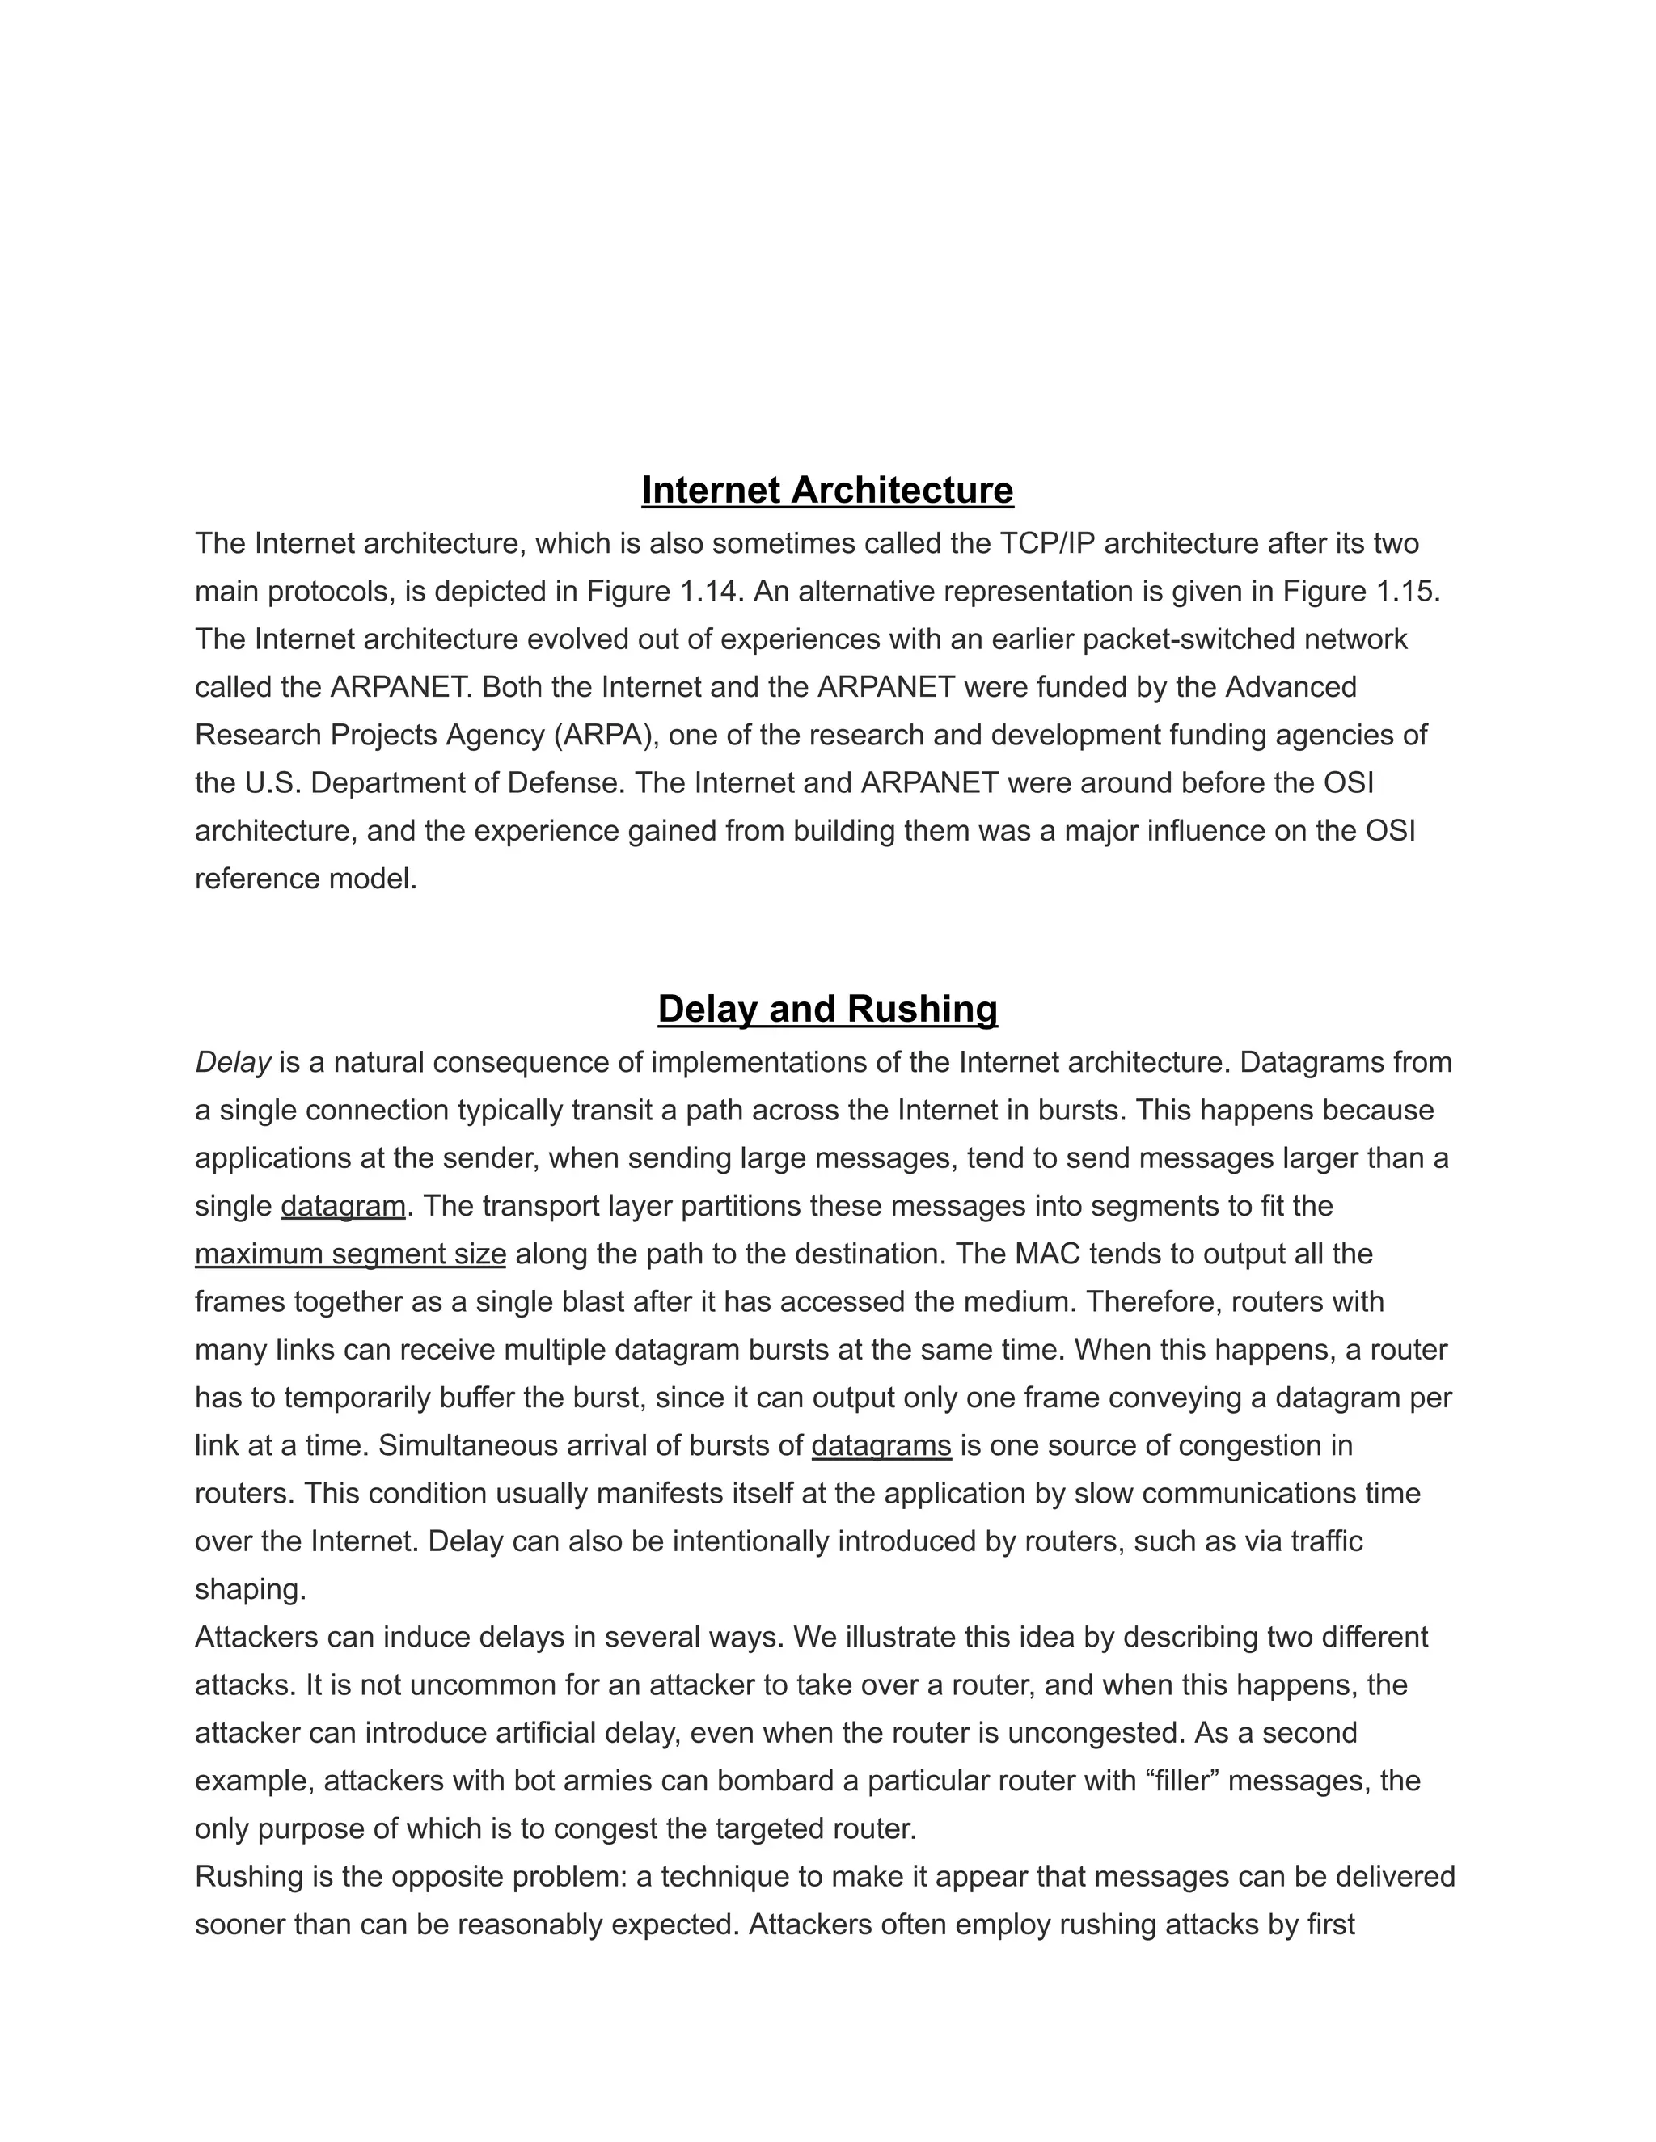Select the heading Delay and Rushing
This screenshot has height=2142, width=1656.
[827, 1010]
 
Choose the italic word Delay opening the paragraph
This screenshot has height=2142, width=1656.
[233, 1062]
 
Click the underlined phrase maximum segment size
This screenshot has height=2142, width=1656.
[350, 1254]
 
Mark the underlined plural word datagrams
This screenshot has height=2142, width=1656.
[881, 1446]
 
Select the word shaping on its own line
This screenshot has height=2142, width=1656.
[250, 1590]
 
